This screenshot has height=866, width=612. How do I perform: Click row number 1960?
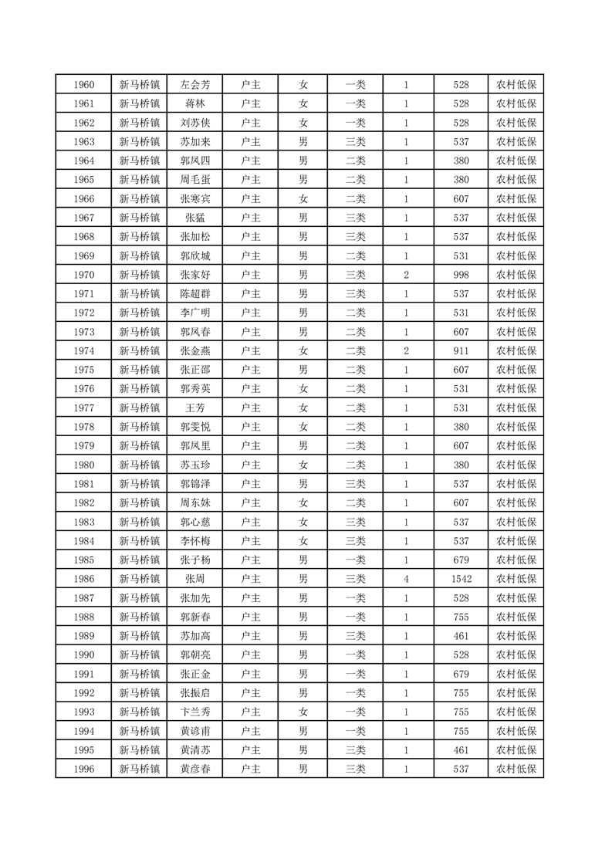coord(83,85)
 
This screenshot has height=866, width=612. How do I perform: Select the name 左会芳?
coord(194,85)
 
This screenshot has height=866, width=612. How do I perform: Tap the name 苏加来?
coord(194,142)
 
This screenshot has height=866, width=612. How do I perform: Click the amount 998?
coord(462,275)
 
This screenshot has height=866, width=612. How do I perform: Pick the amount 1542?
coord(462,579)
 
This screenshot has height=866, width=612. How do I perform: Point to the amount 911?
coord(462,351)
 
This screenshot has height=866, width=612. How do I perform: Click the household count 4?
coord(406,579)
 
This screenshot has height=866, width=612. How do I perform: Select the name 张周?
coord(194,579)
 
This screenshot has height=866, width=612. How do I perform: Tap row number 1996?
coord(83,769)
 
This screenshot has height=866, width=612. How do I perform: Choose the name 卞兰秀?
coord(194,712)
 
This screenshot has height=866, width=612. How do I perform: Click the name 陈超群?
coord(194,294)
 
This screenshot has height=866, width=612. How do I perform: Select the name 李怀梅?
coord(194,541)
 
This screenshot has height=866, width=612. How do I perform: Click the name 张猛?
coord(194,218)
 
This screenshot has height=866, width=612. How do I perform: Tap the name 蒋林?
coord(194,104)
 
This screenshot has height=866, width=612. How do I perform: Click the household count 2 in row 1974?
coord(406,351)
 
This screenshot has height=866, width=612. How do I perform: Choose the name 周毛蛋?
coord(194,180)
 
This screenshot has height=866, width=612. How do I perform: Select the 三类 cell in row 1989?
coord(356,636)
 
